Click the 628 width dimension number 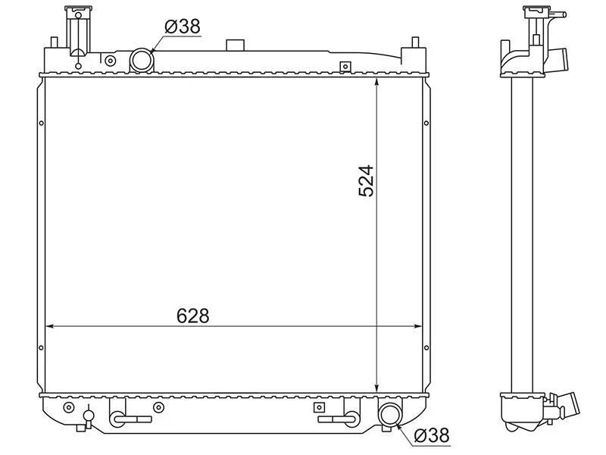click(x=193, y=316)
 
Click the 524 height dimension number click(x=367, y=181)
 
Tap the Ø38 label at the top click(x=183, y=27)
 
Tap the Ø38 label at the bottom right click(x=432, y=435)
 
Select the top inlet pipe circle click(x=142, y=60)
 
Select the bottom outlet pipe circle click(x=390, y=414)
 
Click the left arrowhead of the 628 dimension click(x=49, y=327)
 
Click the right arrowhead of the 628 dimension click(x=418, y=327)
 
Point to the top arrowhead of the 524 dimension click(x=377, y=81)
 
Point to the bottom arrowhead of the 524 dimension click(x=377, y=388)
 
